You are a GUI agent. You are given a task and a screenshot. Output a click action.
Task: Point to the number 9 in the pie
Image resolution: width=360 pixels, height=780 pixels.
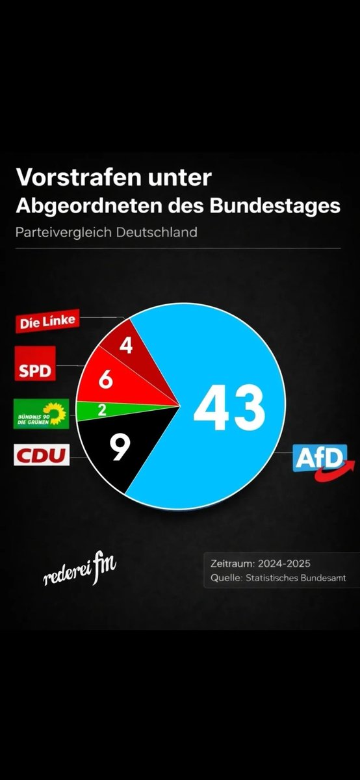point(118,448)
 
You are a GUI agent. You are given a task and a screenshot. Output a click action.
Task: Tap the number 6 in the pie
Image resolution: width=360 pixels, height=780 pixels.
point(105,380)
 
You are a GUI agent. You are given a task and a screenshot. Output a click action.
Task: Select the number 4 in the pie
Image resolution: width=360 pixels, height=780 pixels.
point(127,344)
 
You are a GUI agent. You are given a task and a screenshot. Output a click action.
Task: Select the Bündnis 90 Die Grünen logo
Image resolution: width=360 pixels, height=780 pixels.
point(41,415)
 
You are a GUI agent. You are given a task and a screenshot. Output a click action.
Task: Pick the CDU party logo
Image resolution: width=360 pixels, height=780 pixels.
point(41,456)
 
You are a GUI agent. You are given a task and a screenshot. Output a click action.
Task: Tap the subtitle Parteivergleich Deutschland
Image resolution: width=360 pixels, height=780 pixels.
point(107,231)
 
